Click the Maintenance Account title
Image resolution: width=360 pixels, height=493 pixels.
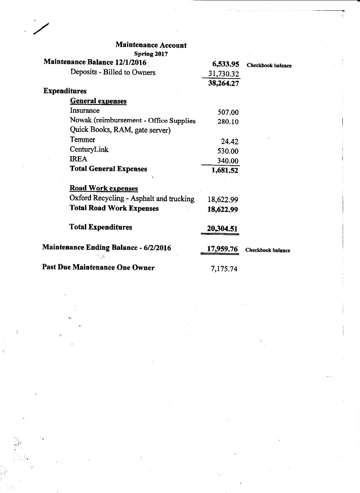pos(151,45)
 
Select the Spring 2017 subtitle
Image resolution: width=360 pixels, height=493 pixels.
pos(151,54)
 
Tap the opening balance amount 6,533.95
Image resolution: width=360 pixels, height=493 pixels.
pos(225,64)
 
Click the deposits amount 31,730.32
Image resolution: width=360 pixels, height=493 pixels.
pos(224,74)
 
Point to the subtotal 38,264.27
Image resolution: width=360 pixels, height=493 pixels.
pos(223,83)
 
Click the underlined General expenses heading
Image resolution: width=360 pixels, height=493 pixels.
pos(98,101)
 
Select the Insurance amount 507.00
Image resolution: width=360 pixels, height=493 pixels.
pos(228,112)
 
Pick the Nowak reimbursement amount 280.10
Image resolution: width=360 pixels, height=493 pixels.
pos(228,122)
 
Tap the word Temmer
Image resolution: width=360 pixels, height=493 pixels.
pos(82,140)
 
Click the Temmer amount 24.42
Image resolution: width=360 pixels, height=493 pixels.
pos(230,141)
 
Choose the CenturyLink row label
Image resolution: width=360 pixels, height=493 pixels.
pos(89,150)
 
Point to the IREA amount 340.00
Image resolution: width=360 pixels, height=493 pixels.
pos(228,161)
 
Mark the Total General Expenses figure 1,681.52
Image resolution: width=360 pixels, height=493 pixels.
pos(225,170)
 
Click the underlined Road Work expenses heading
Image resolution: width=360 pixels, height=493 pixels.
pos(104,188)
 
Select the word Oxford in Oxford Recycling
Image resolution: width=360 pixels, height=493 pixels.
pos(80,198)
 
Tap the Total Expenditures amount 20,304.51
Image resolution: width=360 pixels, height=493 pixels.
pos(222,229)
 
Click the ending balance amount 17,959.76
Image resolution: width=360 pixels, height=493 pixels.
pos(222,249)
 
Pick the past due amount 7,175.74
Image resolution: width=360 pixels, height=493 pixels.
pos(224,269)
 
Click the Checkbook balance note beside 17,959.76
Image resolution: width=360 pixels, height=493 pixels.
pos(267,251)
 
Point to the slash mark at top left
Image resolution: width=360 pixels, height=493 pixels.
pos(40,29)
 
